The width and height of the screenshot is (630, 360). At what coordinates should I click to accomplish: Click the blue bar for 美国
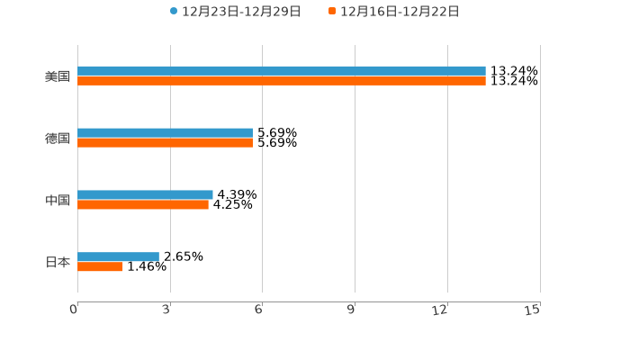click(x=282, y=71)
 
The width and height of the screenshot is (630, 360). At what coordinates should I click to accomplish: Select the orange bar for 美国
click(x=282, y=81)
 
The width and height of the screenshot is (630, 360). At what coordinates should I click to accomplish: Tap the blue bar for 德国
click(x=166, y=133)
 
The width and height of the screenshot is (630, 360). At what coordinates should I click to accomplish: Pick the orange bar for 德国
click(x=166, y=143)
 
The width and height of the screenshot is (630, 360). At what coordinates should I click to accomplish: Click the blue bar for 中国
click(x=146, y=194)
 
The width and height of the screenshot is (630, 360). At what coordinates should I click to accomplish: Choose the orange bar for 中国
click(x=143, y=204)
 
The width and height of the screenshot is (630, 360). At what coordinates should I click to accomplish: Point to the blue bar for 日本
click(x=119, y=256)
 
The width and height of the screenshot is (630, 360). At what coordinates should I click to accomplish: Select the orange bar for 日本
click(x=101, y=266)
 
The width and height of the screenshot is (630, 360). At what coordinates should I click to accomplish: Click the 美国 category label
click(x=58, y=76)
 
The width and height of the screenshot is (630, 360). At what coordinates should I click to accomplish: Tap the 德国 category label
click(x=58, y=139)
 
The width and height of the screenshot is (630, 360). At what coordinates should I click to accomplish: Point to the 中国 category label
click(x=58, y=200)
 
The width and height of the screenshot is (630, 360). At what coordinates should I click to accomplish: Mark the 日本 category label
click(x=58, y=262)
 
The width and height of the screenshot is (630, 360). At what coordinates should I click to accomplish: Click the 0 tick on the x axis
click(x=74, y=310)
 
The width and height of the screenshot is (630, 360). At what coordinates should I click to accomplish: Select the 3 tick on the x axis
click(x=166, y=310)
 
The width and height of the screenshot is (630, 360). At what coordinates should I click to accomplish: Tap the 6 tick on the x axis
click(x=258, y=310)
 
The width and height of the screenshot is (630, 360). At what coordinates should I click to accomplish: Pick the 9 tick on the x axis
click(x=351, y=310)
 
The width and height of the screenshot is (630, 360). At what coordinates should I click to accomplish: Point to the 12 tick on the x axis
click(x=440, y=310)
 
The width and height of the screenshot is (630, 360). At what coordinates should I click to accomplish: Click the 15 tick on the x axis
click(x=533, y=310)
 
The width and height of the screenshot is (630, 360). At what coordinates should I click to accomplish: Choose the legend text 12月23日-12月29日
click(x=241, y=12)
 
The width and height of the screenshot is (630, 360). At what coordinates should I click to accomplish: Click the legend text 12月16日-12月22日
click(x=400, y=12)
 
